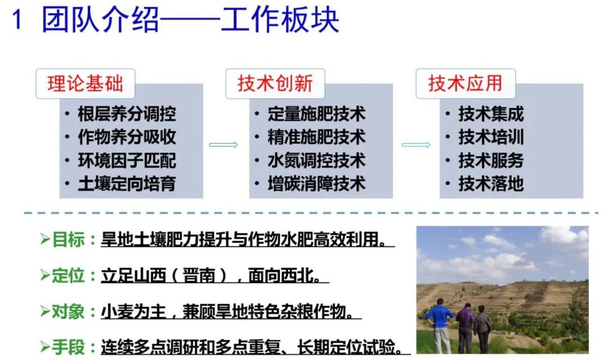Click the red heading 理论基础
[x=86, y=83]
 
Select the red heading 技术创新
[x=275, y=83]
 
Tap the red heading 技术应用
[x=466, y=83]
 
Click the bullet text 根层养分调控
[x=127, y=114]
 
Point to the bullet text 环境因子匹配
[x=127, y=160]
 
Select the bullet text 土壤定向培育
[x=127, y=184]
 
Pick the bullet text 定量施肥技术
[x=316, y=114]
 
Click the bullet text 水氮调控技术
[x=316, y=160]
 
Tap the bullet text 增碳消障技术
[x=316, y=184]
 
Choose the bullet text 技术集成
[x=491, y=114]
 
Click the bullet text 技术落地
[x=491, y=184]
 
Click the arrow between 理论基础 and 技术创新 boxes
[x=223, y=145]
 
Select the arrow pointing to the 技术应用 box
[x=416, y=145]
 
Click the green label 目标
[x=68, y=239]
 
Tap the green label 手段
[x=68, y=346]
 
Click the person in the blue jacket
[x=440, y=326]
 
